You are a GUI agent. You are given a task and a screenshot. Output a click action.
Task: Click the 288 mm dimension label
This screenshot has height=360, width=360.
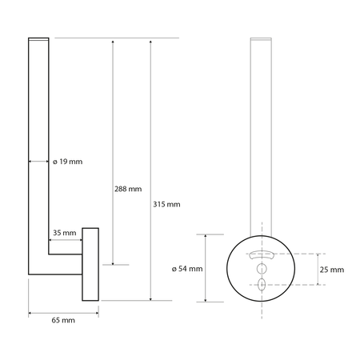pos(128,190)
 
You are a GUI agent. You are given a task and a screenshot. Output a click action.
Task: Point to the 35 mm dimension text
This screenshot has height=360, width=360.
pos(65,233)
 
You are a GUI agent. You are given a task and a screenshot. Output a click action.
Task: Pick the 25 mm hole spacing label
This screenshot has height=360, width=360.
pos(331,269)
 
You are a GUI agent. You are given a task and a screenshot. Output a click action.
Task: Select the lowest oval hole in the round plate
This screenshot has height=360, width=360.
pos(262,283)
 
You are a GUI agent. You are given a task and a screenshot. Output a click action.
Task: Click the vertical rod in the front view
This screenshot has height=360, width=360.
pos(262,128)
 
